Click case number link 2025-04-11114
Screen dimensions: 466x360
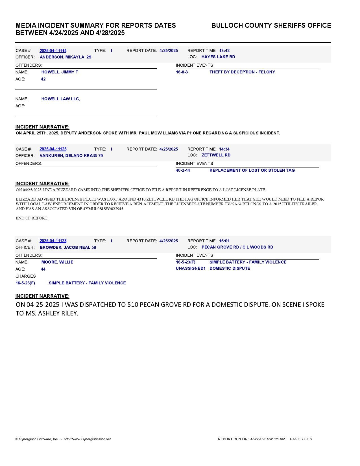[x=53, y=51]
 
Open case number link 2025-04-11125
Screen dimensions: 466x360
[x=53, y=149]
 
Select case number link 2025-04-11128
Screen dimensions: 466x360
[x=53, y=241]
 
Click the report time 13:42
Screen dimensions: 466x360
[x=224, y=51]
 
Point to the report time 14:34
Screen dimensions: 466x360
[x=224, y=149]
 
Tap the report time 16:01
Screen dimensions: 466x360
[x=224, y=241]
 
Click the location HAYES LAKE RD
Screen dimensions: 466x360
[x=218, y=57]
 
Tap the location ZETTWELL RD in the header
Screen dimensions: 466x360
[x=216, y=155]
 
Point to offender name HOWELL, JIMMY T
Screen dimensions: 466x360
[x=60, y=72]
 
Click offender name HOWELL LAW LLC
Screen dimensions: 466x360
[x=60, y=99]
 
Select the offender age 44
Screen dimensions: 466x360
[x=43, y=269]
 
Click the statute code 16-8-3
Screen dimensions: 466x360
[x=182, y=72]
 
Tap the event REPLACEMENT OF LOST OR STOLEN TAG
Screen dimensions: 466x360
[x=252, y=170]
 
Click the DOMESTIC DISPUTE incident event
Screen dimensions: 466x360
[x=230, y=268]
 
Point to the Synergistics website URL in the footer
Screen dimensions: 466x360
[x=87, y=439]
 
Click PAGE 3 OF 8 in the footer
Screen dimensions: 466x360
[x=301, y=439]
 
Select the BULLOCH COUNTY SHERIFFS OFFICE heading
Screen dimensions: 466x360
[x=271, y=25]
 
